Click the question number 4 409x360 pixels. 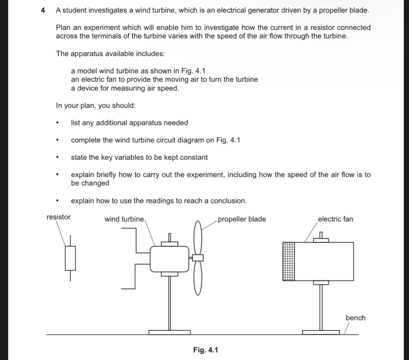(43, 10)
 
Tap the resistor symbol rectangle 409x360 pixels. (70, 258)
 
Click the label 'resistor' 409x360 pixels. (59, 217)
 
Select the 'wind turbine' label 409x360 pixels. (124, 219)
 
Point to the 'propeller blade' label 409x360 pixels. (242, 219)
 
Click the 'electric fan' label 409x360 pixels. (335, 219)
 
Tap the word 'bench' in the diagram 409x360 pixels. (355, 318)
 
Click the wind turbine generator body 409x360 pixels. (169, 259)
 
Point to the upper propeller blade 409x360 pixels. (198, 237)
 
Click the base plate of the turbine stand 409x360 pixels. (169, 332)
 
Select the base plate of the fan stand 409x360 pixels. (321, 332)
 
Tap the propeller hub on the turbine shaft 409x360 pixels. (198, 257)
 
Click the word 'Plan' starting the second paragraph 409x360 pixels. (63, 27)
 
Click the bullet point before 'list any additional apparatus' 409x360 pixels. (57, 124)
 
